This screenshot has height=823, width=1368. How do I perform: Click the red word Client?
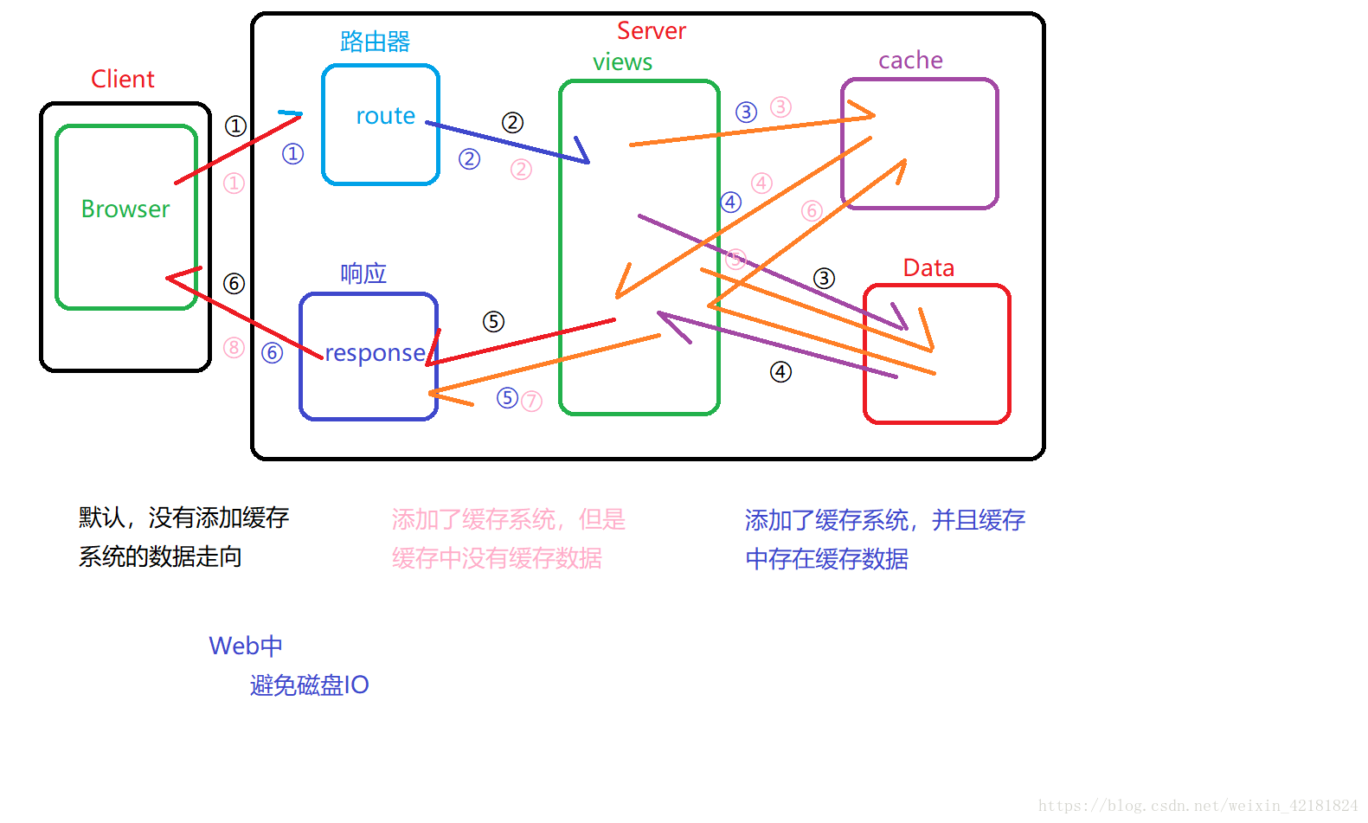[123, 80]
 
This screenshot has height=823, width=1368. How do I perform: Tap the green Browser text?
[125, 209]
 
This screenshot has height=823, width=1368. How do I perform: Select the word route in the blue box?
[385, 116]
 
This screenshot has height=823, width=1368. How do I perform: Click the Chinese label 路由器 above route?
[375, 42]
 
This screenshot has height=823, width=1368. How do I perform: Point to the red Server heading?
[651, 31]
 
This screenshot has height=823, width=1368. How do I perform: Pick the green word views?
[622, 62]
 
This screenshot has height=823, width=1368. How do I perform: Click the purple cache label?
[910, 61]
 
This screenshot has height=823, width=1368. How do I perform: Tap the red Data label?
[928, 268]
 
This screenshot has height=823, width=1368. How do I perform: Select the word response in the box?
[375, 353]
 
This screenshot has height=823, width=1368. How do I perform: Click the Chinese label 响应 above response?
[363, 274]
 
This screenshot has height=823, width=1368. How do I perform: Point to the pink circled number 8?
[234, 348]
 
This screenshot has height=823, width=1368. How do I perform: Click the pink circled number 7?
[531, 401]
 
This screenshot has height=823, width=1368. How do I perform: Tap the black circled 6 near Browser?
[234, 284]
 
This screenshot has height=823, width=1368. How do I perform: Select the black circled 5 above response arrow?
[493, 322]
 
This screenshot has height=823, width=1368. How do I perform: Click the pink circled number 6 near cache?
[811, 210]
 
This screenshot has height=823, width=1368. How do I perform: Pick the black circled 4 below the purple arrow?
[780, 372]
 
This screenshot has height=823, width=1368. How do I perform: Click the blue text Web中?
[246, 646]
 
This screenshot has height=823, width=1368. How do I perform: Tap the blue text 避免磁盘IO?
[310, 685]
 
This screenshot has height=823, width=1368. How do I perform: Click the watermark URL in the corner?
[1198, 806]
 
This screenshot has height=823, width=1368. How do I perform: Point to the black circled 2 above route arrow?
[512, 123]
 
